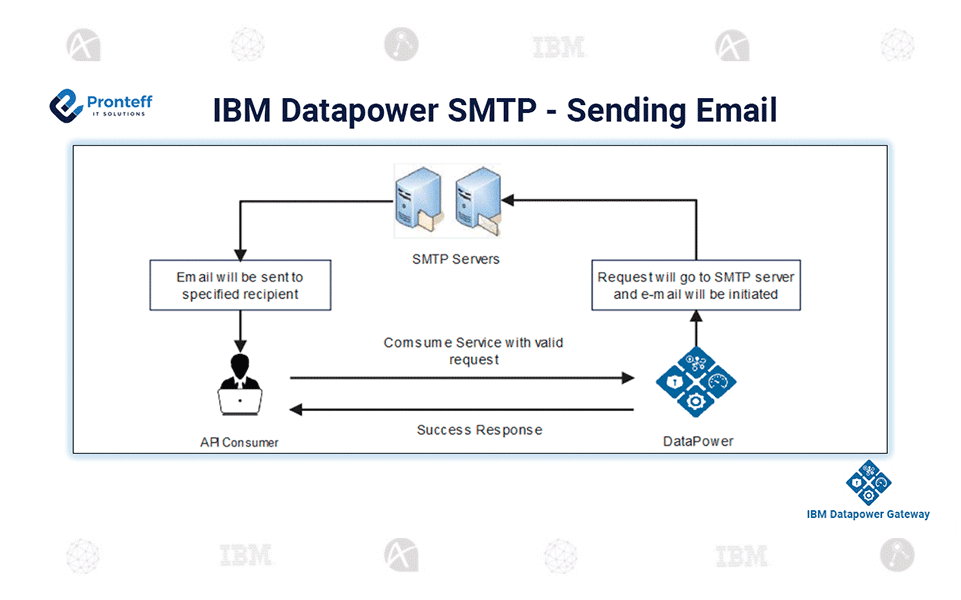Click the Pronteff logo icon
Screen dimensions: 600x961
66,104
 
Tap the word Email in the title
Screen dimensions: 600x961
734,110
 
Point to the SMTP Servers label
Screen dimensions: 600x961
455,259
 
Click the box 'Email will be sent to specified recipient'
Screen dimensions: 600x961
240,285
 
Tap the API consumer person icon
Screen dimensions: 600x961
240,383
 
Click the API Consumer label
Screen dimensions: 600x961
239,441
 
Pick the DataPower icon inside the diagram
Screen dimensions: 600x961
696,381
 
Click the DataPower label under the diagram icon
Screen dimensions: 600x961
698,441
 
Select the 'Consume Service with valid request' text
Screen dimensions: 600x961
473,350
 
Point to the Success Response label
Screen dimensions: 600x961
479,430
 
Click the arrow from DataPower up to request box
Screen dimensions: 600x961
696,328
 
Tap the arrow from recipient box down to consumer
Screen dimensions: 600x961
240,329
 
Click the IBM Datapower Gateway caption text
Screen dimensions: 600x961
868,514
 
